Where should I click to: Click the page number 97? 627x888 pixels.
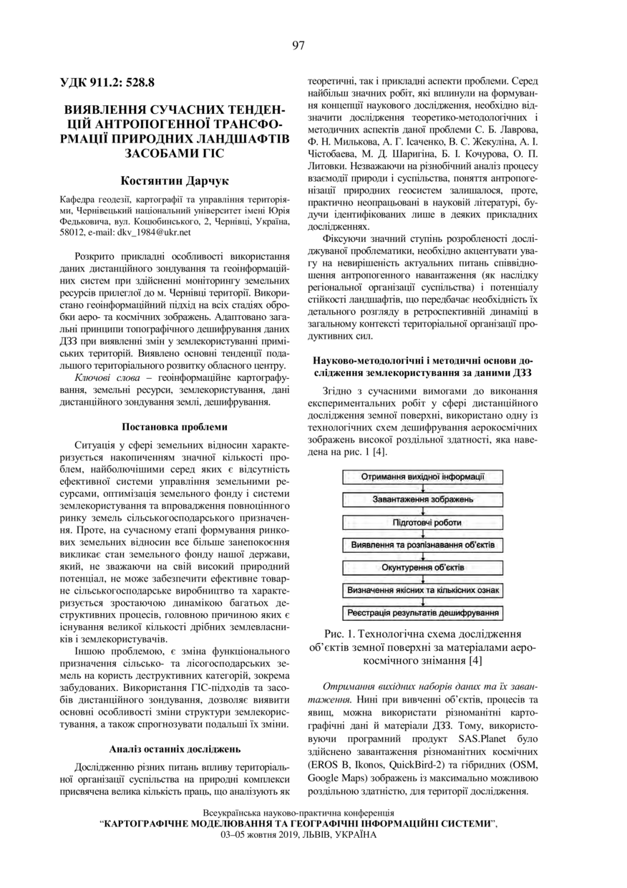point(298,46)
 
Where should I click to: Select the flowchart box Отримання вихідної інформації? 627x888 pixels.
point(422,476)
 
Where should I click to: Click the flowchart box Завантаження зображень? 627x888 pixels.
point(422,499)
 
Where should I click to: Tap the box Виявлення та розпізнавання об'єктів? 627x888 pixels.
point(422,545)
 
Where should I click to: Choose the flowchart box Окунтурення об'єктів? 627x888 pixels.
point(422,568)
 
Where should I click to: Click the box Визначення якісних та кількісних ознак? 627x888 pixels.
point(422,591)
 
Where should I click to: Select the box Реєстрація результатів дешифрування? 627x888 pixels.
point(422,614)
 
